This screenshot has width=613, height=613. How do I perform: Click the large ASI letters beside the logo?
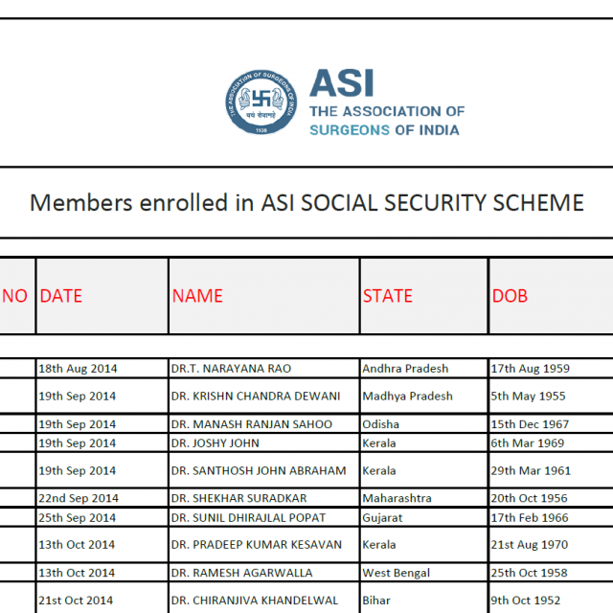(342, 82)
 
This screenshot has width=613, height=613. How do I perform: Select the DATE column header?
(61, 296)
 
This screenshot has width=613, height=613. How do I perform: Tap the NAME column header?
(197, 296)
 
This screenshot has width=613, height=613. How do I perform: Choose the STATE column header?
(388, 296)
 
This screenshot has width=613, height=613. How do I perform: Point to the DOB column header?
(510, 296)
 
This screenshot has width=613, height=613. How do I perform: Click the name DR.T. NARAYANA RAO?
(231, 368)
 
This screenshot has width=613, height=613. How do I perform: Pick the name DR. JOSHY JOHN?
(216, 443)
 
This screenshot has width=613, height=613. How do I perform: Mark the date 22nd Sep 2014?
(79, 498)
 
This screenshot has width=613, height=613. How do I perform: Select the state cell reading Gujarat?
(383, 517)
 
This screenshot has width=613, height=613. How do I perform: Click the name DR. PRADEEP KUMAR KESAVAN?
(257, 545)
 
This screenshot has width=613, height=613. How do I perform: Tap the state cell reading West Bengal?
(395, 573)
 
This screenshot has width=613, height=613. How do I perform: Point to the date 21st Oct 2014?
(76, 601)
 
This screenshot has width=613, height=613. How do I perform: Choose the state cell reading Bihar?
(377, 601)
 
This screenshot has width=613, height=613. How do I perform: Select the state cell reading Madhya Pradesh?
(407, 396)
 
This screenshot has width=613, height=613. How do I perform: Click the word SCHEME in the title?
(536, 203)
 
